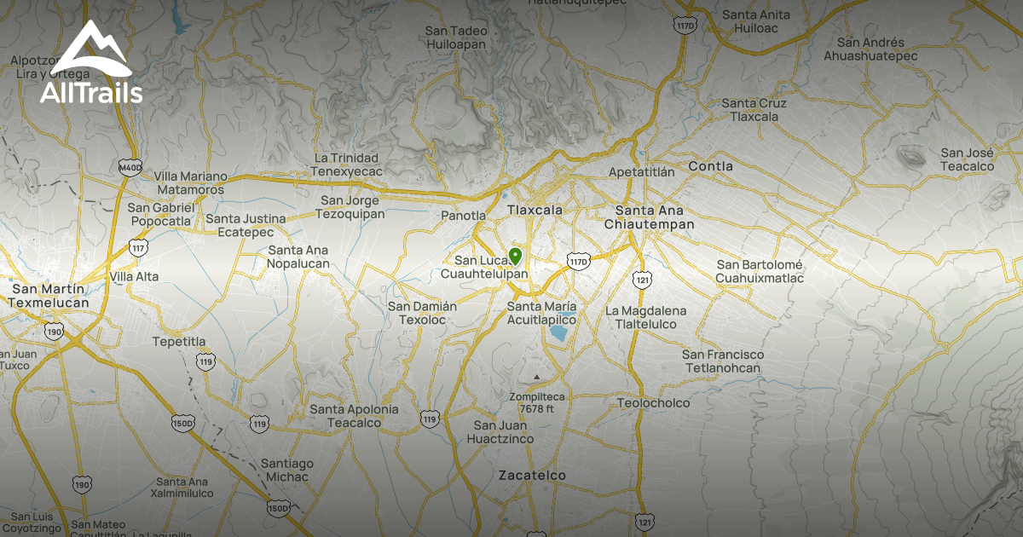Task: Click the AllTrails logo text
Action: coord(91,93)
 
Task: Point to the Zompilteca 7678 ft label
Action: coord(537,402)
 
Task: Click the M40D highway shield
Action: coord(130,167)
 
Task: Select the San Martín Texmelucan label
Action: coord(49,296)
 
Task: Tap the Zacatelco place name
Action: coord(532,475)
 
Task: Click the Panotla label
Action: coord(463,216)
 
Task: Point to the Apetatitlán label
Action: coord(641,171)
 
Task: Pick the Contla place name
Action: coord(710,166)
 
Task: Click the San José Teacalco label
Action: coord(968,159)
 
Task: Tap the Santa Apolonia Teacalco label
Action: coord(354,416)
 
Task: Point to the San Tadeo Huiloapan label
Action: coord(456,38)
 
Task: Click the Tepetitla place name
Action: coord(179,342)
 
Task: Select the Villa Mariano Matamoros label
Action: coord(191,182)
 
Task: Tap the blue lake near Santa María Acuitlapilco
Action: coord(560,332)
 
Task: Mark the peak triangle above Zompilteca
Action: coord(536,376)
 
